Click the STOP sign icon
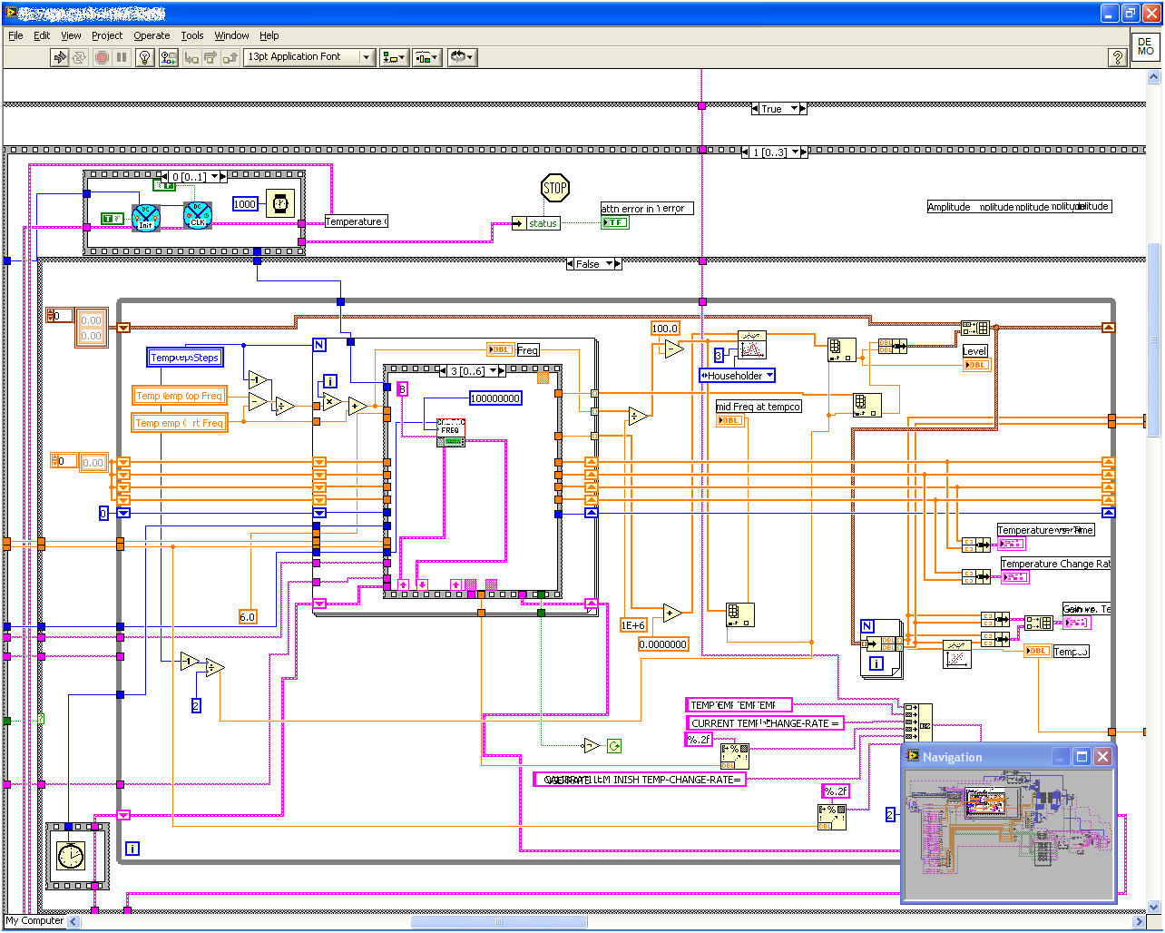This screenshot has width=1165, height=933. click(x=554, y=189)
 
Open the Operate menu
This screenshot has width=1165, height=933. click(x=152, y=35)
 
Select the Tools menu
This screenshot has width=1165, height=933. click(x=192, y=35)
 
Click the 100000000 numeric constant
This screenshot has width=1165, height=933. click(x=495, y=398)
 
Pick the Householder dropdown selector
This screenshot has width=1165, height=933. click(x=737, y=376)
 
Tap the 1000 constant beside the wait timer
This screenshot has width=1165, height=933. click(x=245, y=204)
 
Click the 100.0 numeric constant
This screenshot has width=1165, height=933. click(x=665, y=329)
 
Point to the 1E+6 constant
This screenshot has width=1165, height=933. click(x=633, y=625)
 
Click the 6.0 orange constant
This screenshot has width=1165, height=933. click(x=248, y=617)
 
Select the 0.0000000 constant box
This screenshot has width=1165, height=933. click(x=664, y=644)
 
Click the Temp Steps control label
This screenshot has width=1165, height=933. click(x=185, y=358)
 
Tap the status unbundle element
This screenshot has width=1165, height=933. click(x=543, y=223)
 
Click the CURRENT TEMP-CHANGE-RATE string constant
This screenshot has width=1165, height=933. click(x=765, y=723)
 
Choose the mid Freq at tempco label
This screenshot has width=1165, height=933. click(x=759, y=407)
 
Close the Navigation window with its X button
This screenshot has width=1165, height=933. click(x=1102, y=757)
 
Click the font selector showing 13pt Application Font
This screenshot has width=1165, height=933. click(x=309, y=57)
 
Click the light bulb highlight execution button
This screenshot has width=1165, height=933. click(x=144, y=57)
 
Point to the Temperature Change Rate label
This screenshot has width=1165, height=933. click(x=1055, y=564)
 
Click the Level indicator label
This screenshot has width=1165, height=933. click(x=974, y=351)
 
